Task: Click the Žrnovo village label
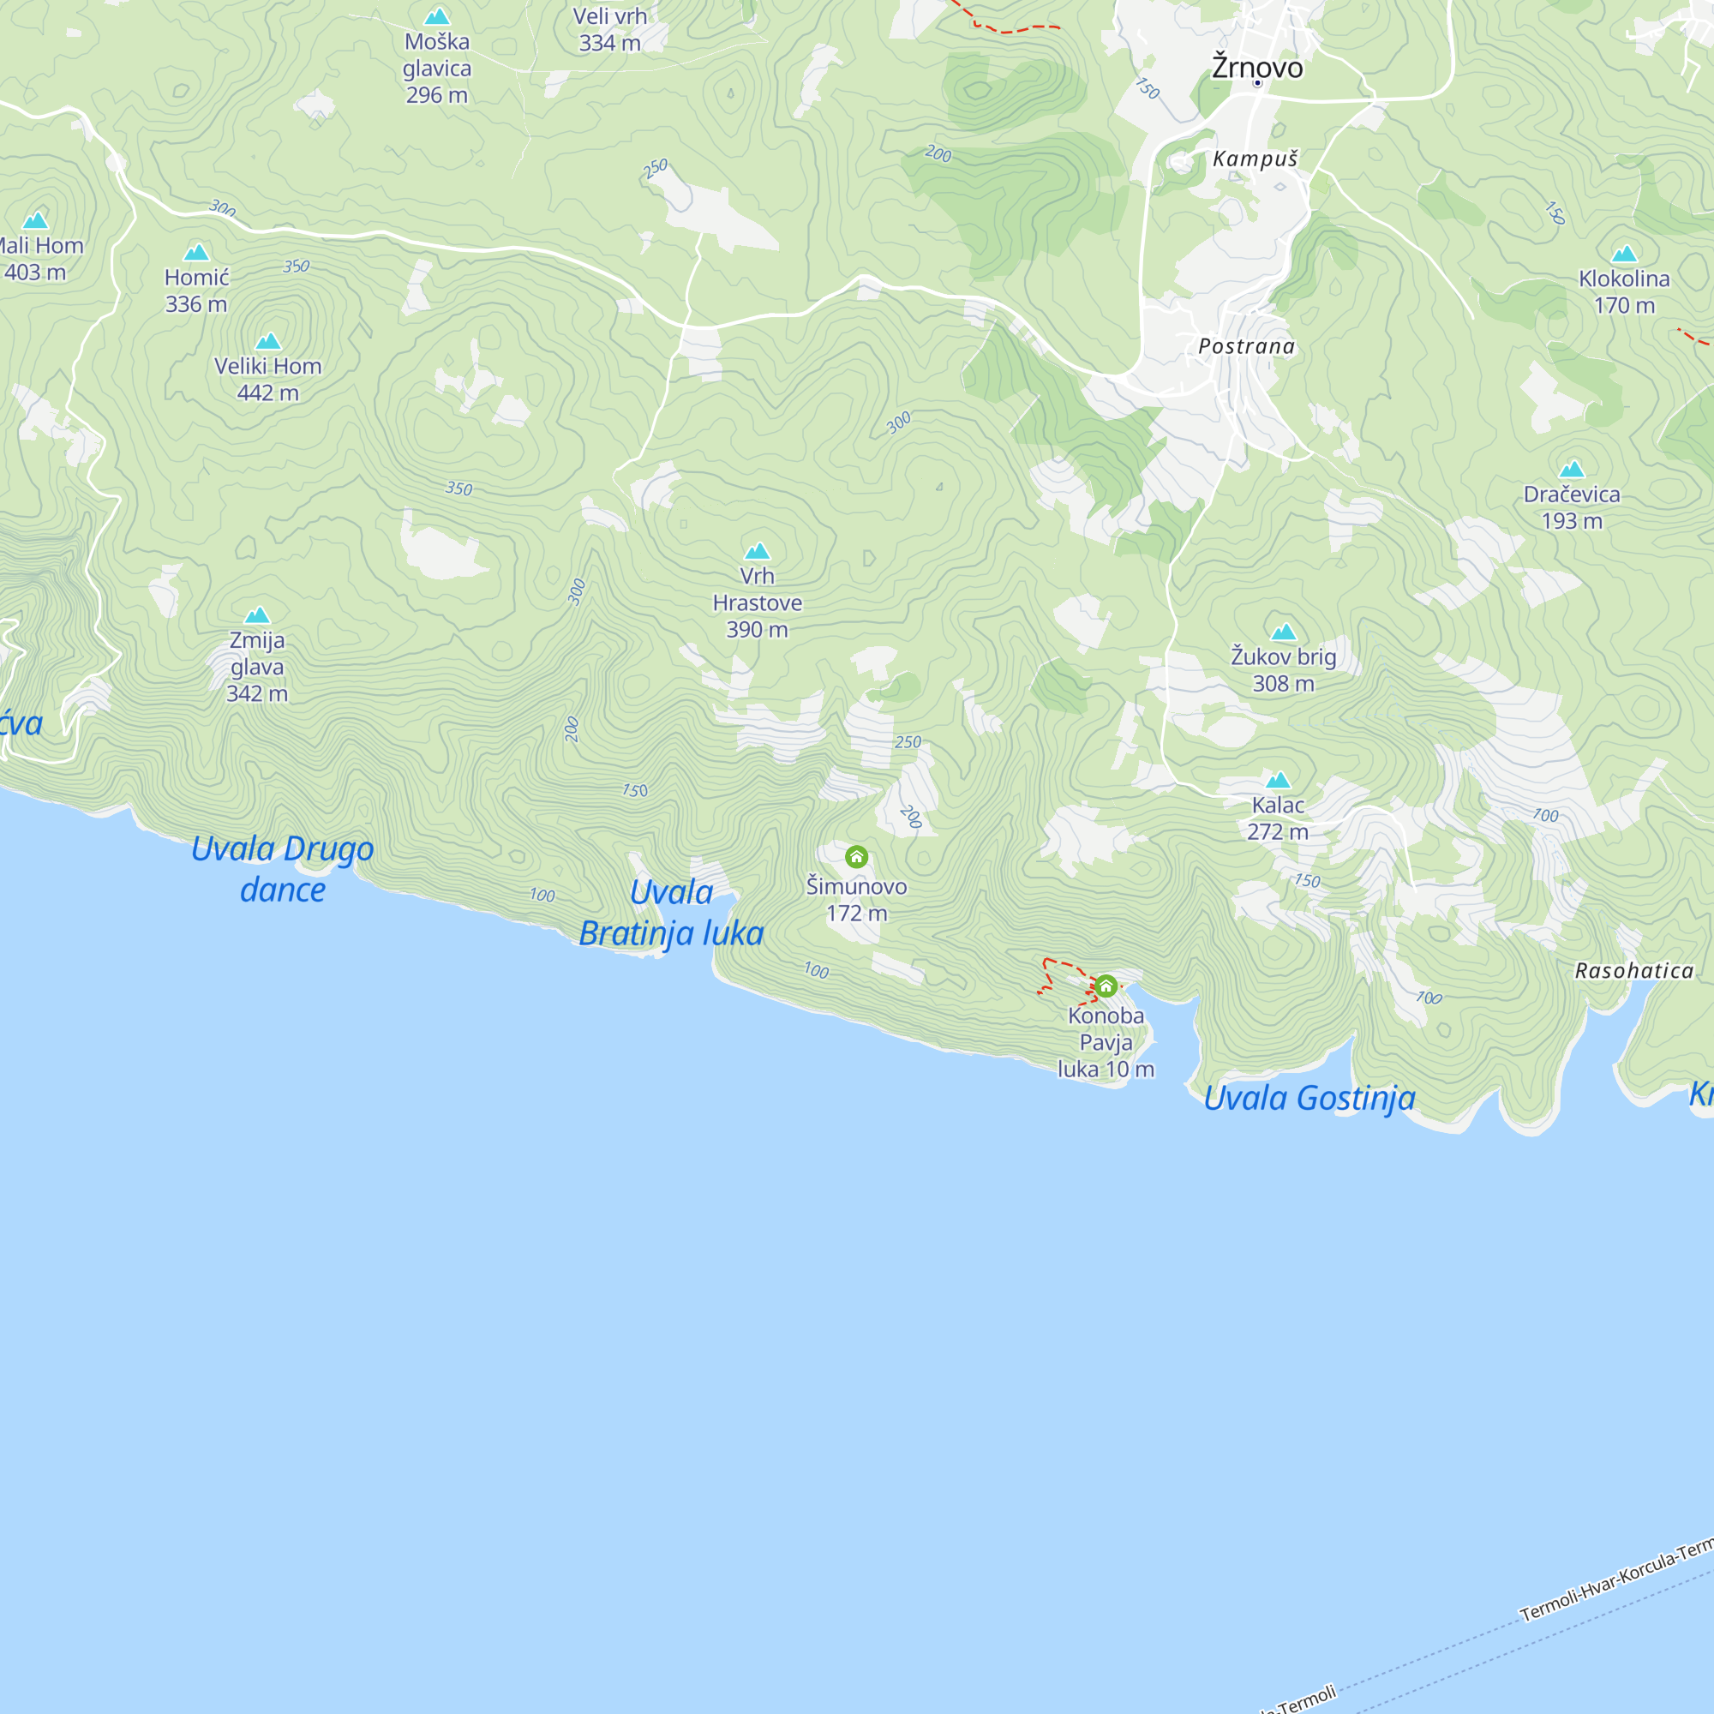tap(1257, 68)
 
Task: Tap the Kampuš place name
tap(1256, 159)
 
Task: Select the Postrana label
tap(1246, 346)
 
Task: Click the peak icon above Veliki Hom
tap(268, 341)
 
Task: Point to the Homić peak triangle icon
tap(196, 253)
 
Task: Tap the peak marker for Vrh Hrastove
tap(757, 551)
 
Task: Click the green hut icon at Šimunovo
tap(856, 857)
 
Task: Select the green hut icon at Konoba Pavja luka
tap(1106, 986)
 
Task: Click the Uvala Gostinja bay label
tap(1309, 1099)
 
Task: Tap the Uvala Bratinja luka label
tap(672, 913)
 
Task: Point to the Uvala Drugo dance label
tap(283, 869)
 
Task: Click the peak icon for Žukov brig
tap(1284, 632)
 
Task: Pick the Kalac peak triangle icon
tap(1279, 780)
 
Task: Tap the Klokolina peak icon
tap(1624, 254)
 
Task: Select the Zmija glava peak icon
tap(257, 614)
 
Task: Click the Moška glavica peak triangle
tap(436, 16)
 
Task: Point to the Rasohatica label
tap(1634, 972)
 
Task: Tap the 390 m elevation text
tap(757, 630)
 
